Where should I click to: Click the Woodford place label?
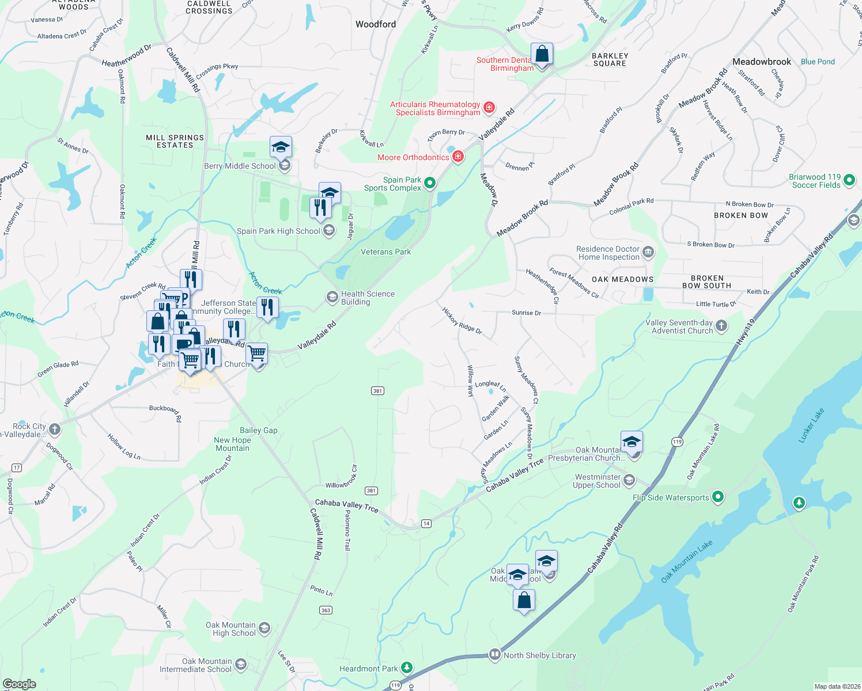[376, 24]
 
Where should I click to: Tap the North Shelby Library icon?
[494, 655]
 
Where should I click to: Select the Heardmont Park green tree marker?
[407, 668]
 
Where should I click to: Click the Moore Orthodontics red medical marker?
[458, 157]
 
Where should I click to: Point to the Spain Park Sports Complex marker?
[430, 183]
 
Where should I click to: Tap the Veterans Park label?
[385, 252]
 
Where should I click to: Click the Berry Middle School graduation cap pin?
[281, 148]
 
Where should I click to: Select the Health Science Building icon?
[332, 297]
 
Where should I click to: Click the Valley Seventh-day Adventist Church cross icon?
[721, 326]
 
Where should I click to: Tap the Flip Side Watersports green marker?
[718, 497]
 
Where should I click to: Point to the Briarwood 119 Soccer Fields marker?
[849, 181]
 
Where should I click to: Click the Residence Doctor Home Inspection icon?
[648, 252]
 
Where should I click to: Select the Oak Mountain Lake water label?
[687, 561]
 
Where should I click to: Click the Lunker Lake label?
[811, 425]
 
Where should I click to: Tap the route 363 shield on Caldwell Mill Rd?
[326, 610]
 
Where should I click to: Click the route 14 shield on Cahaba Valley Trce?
[426, 523]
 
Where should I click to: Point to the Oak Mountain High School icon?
[264, 628]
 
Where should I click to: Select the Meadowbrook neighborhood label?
[762, 62]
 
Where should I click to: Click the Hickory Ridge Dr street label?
[462, 321]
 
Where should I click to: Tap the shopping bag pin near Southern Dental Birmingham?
[542, 55]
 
